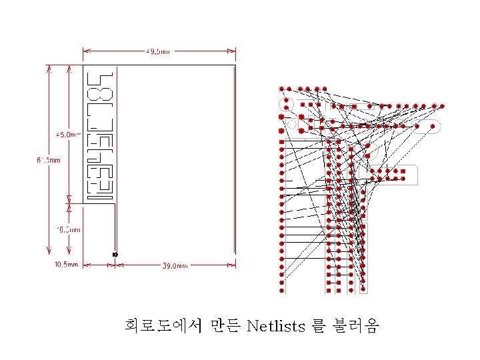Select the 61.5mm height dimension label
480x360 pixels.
(48, 160)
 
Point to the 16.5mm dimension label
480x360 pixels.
(68, 230)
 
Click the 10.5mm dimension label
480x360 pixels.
(65, 265)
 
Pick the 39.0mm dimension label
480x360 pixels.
(175, 265)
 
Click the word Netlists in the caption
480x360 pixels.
(275, 326)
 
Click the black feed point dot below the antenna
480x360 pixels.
(115, 255)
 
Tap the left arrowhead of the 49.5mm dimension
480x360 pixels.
(85, 50)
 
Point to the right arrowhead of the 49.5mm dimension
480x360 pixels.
(233, 50)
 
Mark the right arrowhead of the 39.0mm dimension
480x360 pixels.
(233, 265)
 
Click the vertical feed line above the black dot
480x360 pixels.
(115, 227)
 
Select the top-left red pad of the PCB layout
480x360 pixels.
(282, 88)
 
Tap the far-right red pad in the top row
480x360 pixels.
(441, 105)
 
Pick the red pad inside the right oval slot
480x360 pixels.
(433, 125)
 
